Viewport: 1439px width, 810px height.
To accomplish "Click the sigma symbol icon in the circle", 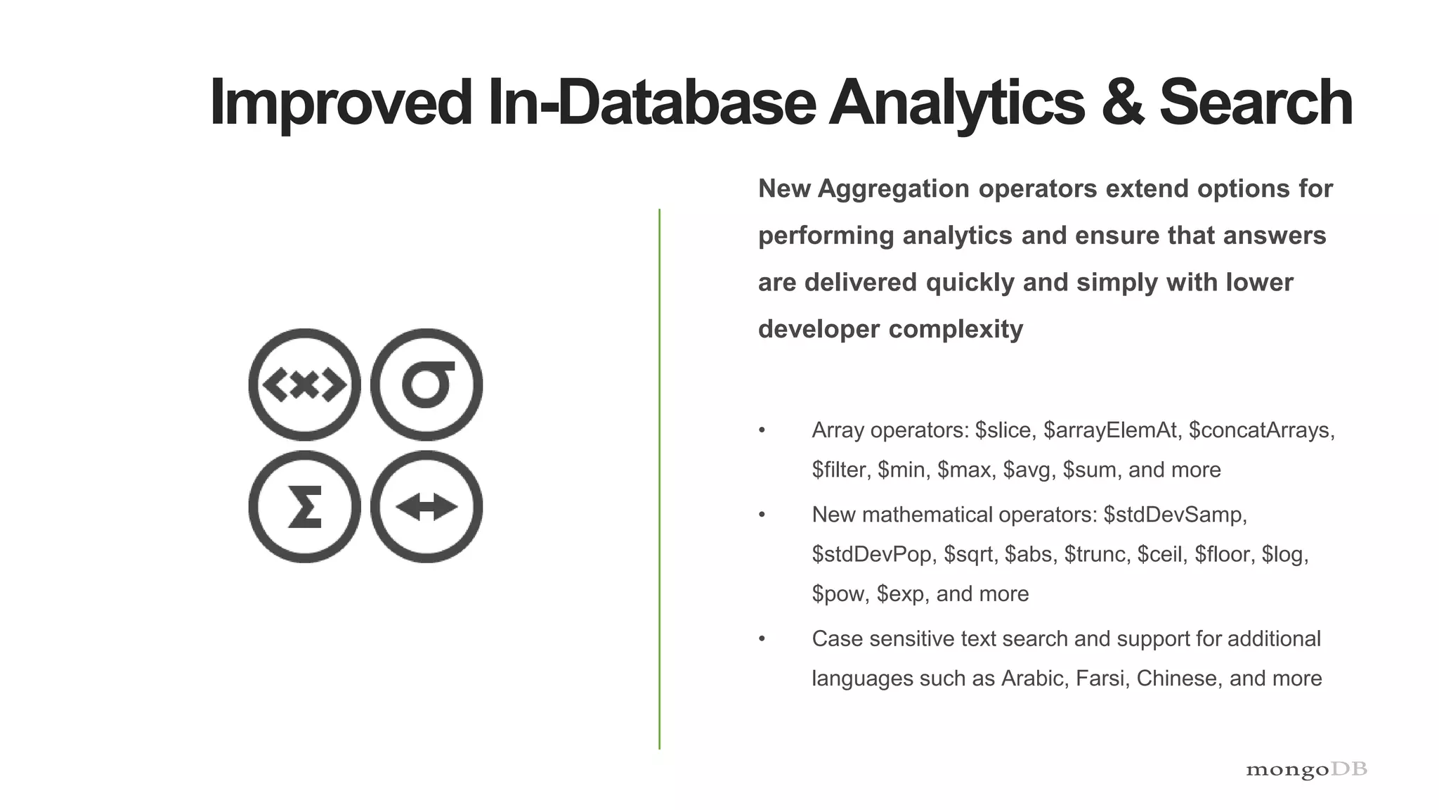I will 427,385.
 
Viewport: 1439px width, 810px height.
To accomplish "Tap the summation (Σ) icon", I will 305,507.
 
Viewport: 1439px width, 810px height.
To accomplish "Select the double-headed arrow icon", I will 427,507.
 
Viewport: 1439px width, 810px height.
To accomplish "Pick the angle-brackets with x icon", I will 305,385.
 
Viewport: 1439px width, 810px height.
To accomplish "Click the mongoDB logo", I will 1306,770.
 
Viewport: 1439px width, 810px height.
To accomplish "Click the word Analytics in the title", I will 957,103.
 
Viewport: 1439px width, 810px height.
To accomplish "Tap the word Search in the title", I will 1256,103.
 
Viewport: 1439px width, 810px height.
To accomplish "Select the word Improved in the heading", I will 341,103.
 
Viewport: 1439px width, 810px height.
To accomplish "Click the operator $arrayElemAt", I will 1109,430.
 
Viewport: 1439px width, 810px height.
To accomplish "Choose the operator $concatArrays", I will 1261,430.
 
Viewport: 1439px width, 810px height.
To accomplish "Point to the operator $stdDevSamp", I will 1174,515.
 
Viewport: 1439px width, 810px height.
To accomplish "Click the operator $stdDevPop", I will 871,554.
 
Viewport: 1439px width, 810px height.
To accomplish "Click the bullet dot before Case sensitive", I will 762,639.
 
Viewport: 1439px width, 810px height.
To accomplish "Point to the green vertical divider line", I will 659,478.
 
